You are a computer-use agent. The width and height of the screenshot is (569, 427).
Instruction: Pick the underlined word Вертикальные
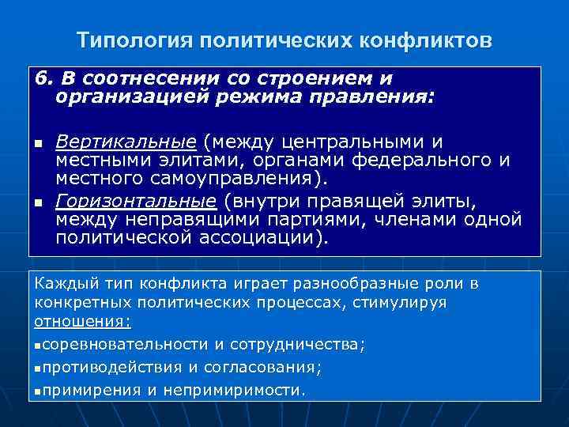pyautogui.click(x=126, y=142)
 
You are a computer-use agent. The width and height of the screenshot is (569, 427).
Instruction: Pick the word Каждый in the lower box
pyautogui.click(x=62, y=282)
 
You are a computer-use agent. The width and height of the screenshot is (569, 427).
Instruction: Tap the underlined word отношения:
pyautogui.click(x=83, y=323)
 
